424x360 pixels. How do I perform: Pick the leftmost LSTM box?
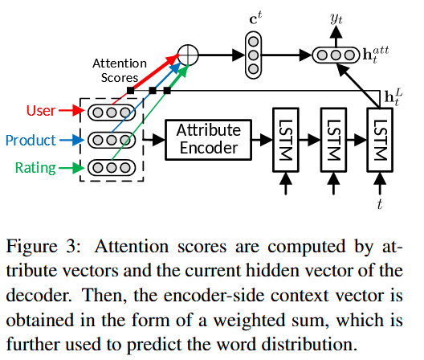point(284,138)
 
